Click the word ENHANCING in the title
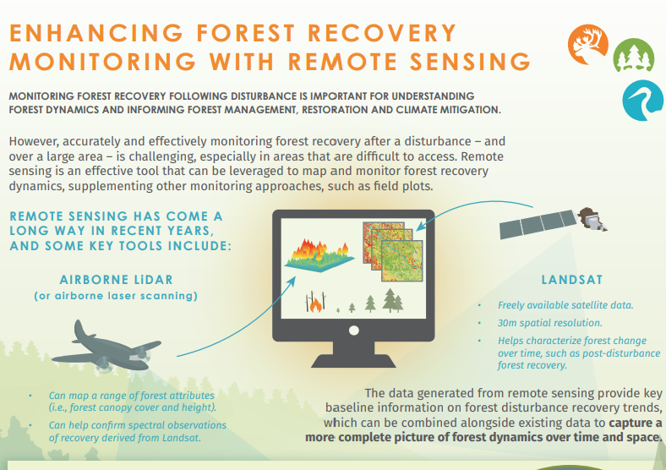coord(88,33)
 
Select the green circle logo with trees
coord(633,58)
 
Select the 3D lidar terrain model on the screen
coord(316,251)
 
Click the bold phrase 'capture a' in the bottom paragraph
coord(634,422)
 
